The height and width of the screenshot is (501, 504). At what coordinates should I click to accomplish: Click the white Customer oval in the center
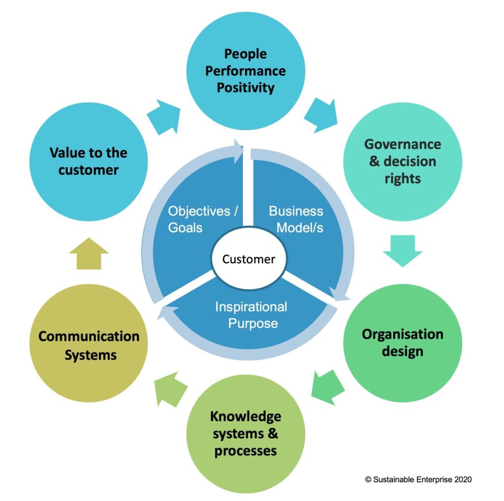click(249, 259)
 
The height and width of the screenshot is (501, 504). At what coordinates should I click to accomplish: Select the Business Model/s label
click(296, 219)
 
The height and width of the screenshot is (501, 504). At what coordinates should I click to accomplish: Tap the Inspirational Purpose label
click(251, 315)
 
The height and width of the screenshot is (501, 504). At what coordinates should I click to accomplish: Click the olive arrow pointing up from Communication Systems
click(89, 253)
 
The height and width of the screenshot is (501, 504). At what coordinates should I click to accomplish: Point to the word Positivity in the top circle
click(246, 88)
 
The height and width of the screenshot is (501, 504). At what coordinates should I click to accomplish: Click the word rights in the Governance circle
click(403, 178)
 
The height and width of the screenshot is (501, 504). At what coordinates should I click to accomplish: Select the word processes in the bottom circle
click(246, 450)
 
